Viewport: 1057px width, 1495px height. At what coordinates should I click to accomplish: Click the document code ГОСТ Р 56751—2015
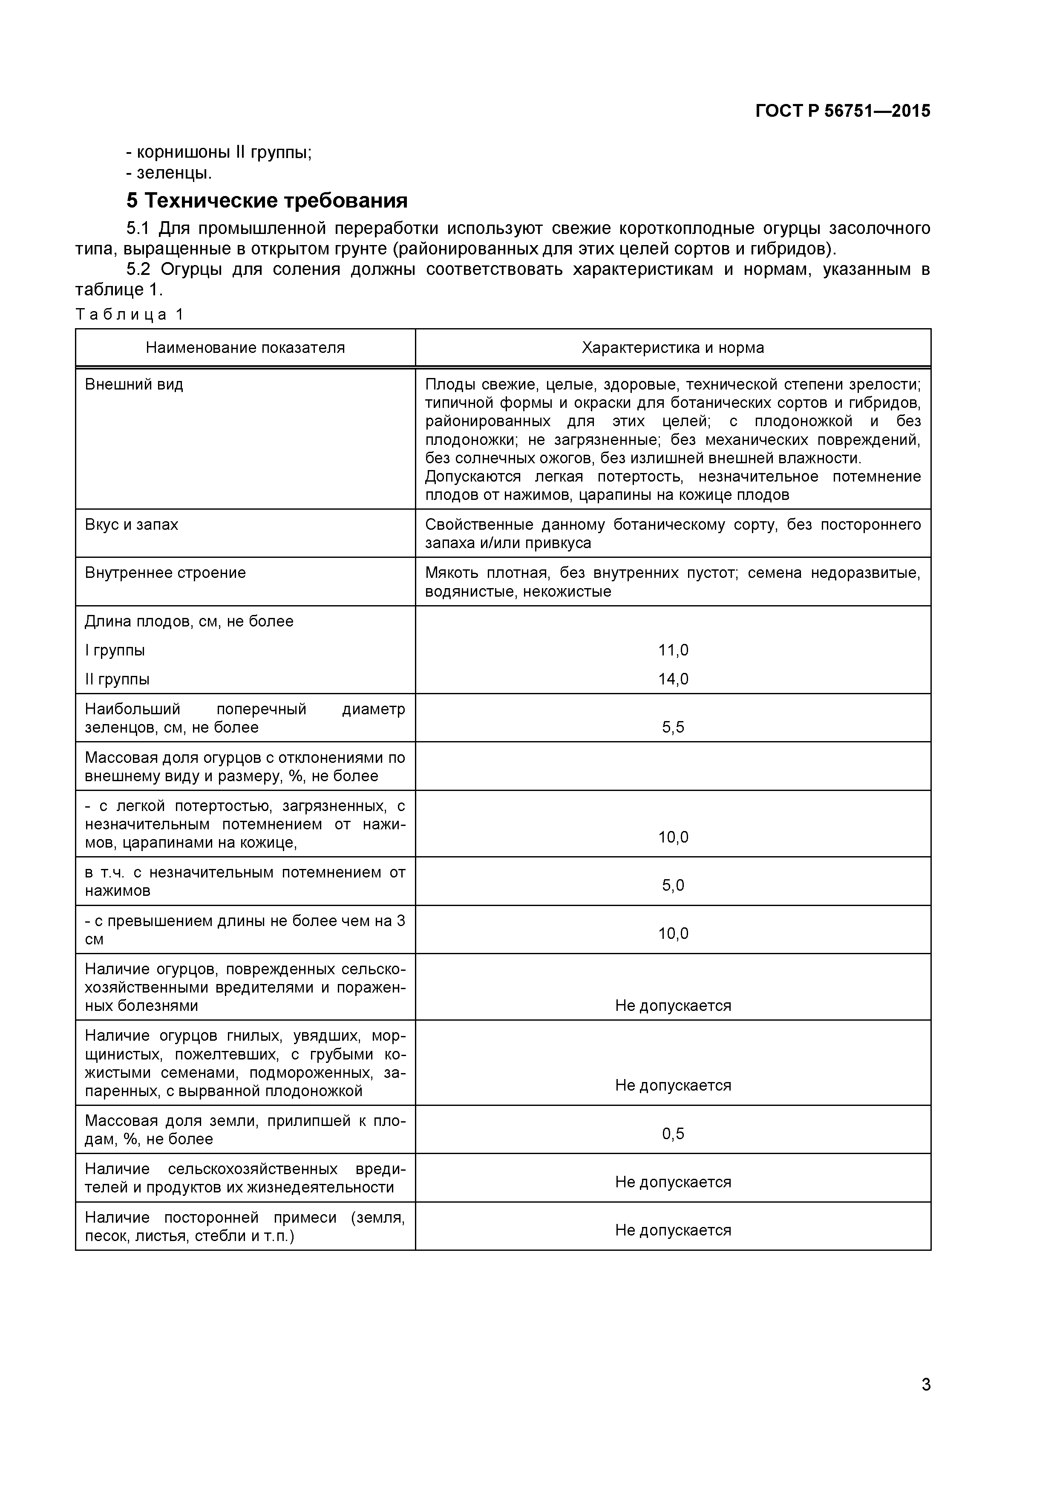tap(842, 111)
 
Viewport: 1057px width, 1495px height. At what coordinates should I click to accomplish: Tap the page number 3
tap(925, 1403)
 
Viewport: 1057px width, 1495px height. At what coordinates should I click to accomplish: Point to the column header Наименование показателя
tap(245, 348)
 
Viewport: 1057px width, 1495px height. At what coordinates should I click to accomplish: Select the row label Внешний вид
tap(134, 384)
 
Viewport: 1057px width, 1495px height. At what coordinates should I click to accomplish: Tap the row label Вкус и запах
tap(132, 524)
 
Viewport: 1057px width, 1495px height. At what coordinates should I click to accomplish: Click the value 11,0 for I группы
tap(673, 650)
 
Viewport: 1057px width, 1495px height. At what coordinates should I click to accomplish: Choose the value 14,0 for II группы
tap(673, 679)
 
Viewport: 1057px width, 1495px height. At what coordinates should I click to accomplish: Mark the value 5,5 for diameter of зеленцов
tap(673, 727)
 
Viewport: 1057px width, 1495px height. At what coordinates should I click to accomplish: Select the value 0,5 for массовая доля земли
tap(673, 1134)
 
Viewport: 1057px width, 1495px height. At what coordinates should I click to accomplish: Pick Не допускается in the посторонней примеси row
tap(673, 1230)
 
